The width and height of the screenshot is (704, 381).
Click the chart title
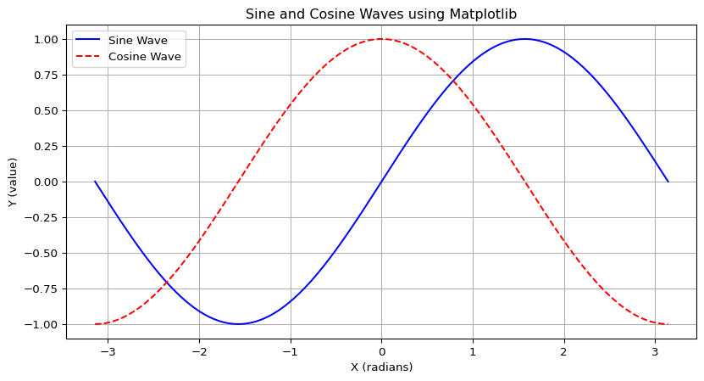click(381, 14)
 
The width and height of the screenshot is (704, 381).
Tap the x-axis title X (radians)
click(381, 367)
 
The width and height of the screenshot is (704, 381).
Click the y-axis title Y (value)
click(13, 182)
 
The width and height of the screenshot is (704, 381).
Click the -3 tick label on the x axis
click(105, 350)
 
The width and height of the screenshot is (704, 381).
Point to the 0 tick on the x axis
click(381, 350)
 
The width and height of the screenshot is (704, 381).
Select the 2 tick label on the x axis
click(563, 350)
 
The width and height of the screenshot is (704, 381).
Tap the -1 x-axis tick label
click(287, 350)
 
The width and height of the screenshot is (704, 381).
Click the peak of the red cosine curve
click(381, 39)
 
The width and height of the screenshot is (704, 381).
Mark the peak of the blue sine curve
click(524, 39)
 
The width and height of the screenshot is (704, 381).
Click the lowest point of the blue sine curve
click(238, 324)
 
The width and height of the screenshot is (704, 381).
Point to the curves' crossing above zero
click(453, 81)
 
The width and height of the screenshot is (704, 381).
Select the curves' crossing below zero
click(167, 283)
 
